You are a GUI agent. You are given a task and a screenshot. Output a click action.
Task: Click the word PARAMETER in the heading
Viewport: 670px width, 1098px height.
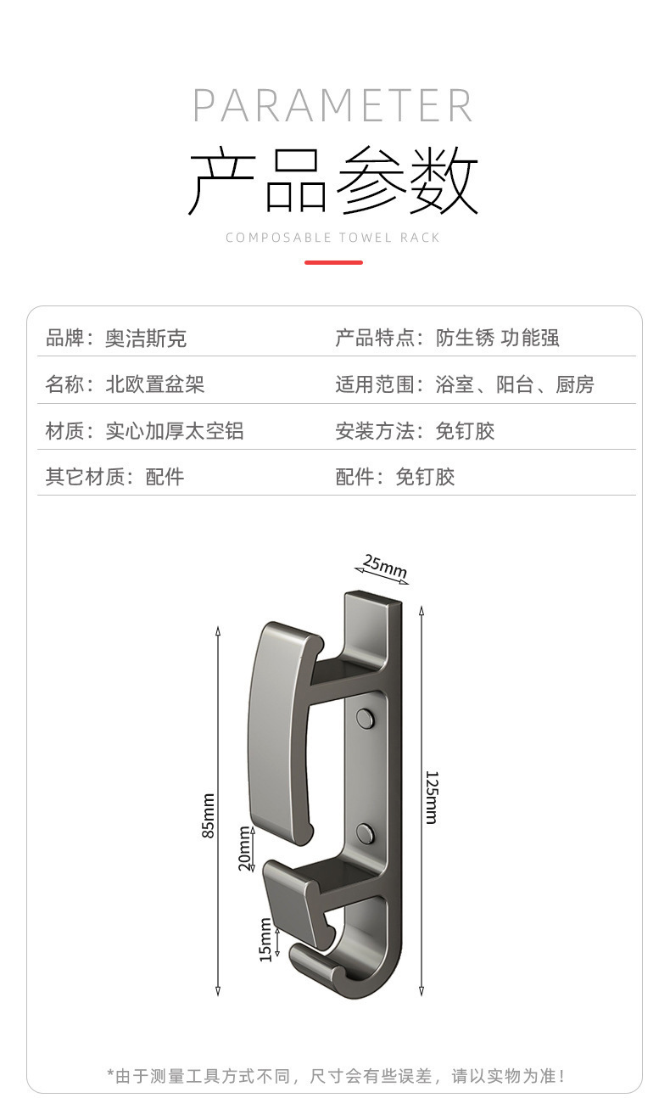(332, 105)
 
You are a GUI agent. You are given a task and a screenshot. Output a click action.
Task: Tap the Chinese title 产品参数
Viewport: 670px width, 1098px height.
(332, 181)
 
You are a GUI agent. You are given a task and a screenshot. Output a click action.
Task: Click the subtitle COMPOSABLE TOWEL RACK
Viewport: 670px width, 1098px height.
(332, 238)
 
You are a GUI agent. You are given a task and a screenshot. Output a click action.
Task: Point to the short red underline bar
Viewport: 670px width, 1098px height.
(333, 262)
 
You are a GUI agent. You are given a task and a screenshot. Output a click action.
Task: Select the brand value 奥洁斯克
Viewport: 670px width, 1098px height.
(145, 339)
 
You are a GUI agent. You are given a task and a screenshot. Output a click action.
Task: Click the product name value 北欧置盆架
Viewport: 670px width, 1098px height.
(154, 384)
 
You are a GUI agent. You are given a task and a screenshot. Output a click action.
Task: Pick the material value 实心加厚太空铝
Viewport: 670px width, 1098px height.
(174, 431)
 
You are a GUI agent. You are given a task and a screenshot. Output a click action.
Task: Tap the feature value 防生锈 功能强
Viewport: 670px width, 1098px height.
(497, 339)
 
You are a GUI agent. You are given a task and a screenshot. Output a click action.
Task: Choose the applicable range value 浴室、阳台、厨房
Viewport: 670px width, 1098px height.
(515, 384)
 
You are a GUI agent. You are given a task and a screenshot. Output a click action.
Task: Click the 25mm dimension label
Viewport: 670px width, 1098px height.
(384, 566)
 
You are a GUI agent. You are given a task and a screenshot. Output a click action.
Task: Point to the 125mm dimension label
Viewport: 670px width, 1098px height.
(431, 798)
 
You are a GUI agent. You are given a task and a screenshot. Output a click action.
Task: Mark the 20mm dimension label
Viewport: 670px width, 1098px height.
(244, 849)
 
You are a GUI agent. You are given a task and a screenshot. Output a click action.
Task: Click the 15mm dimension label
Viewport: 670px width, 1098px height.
(265, 941)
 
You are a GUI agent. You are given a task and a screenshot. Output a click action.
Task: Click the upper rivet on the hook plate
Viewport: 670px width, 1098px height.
(366, 718)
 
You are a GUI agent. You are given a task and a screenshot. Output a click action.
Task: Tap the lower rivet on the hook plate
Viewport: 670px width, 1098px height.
(366, 832)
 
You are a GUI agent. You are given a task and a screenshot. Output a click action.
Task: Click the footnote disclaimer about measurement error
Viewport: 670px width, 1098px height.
(335, 1075)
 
